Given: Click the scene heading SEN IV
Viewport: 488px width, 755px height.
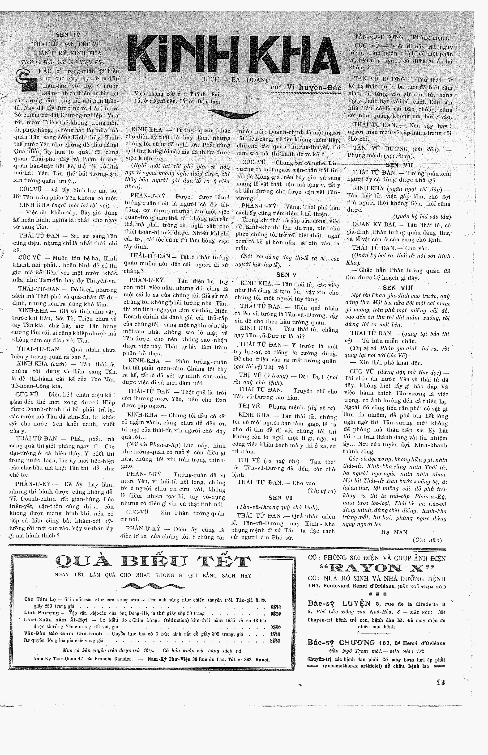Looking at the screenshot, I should [x=68, y=35].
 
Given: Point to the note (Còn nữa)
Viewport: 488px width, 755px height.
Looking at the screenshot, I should [x=427, y=540].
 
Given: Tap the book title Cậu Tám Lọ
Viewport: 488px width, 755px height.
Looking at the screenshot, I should [x=40, y=599].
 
